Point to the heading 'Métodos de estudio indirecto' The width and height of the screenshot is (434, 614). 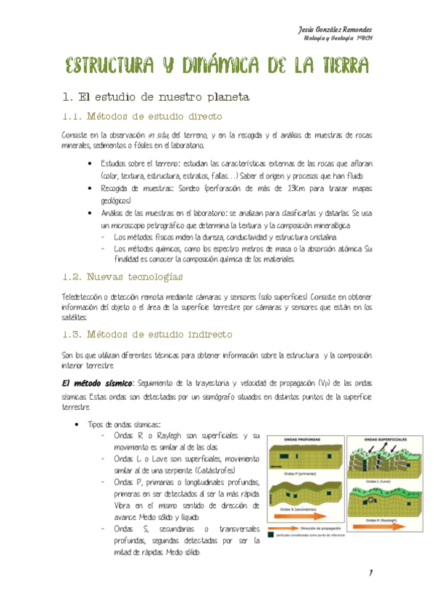159,335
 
